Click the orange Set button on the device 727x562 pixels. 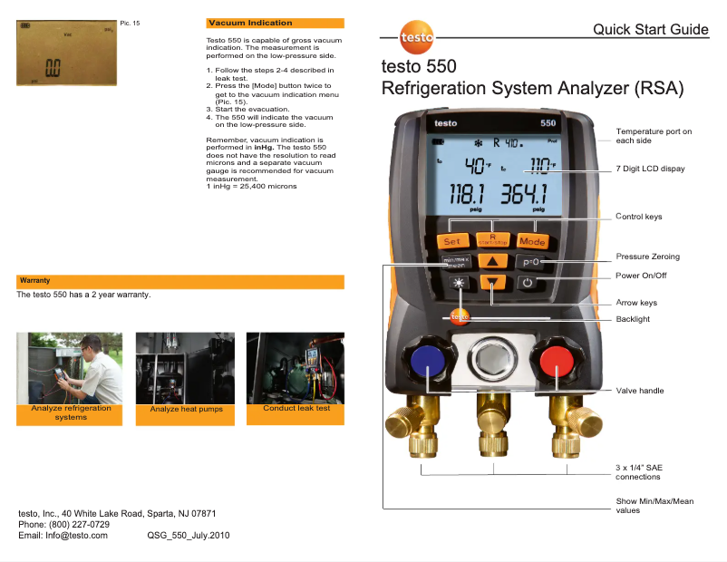(451, 240)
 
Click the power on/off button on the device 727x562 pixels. (529, 283)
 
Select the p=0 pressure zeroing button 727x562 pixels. (531, 262)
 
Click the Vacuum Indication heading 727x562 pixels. (250, 23)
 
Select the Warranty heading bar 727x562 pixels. (180, 281)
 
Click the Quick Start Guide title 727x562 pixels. (650, 30)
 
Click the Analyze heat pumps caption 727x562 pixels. (187, 410)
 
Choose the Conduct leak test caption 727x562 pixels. (296, 409)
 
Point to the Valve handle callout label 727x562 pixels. (640, 391)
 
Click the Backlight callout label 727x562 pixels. (633, 319)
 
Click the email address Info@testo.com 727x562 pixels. (77, 536)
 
